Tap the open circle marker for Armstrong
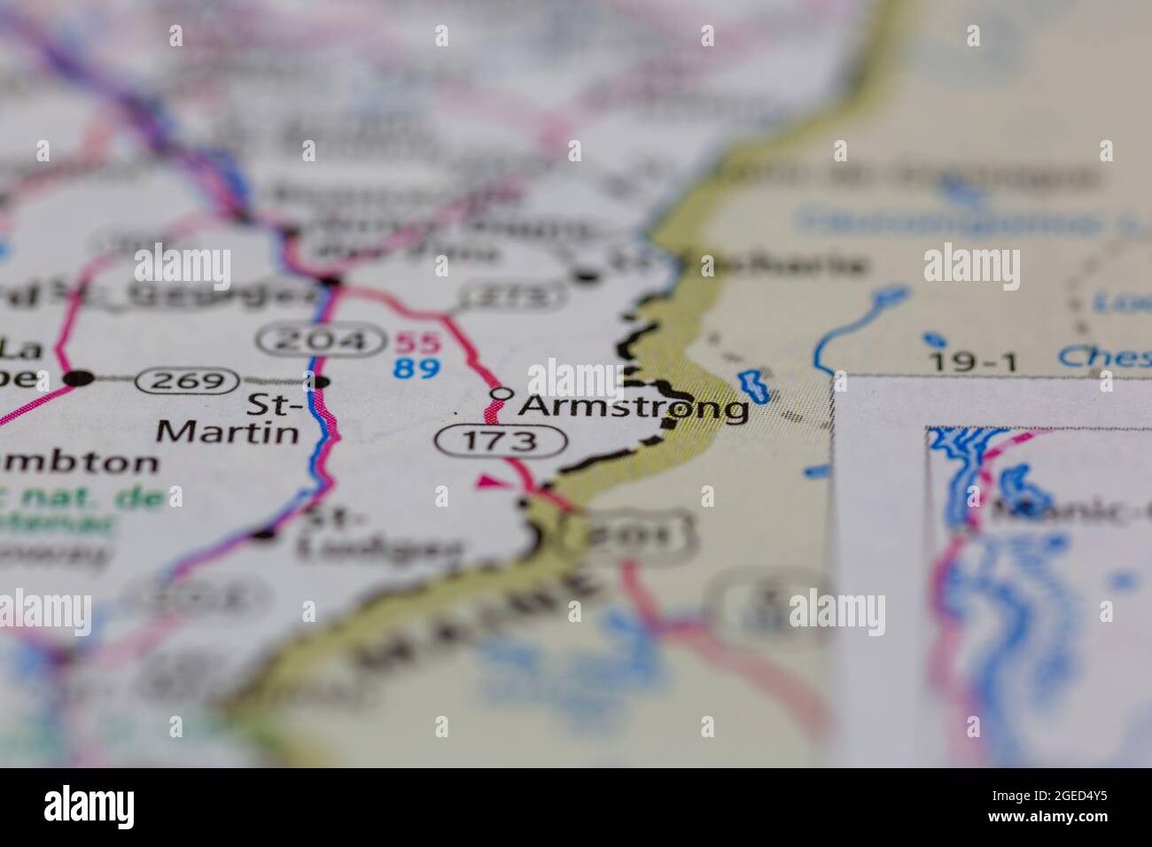tap(502, 392)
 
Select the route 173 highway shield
tap(501, 440)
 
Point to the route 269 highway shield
tap(187, 382)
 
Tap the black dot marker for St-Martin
tap(322, 382)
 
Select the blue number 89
tap(416, 366)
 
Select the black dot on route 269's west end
tap(81, 379)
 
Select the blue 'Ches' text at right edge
tap(1104, 357)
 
